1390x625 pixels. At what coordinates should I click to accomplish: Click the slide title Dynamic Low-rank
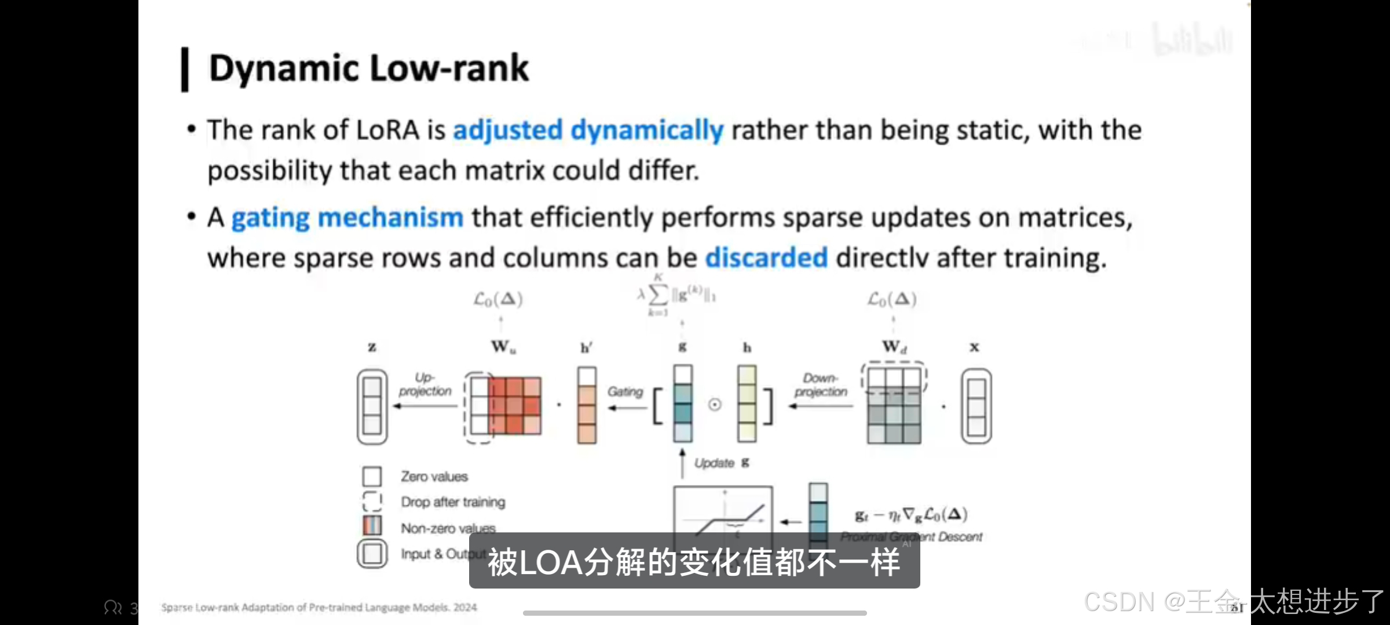pyautogui.click(x=368, y=68)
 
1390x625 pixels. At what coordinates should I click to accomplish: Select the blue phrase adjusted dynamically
pyautogui.click(x=588, y=130)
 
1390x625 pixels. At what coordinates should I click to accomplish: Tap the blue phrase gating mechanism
pyautogui.click(x=348, y=218)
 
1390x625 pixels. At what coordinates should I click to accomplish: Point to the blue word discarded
pyautogui.click(x=766, y=258)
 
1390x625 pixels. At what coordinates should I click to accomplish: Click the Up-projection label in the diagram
pyautogui.click(x=425, y=384)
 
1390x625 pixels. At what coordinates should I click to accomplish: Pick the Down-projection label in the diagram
pyautogui.click(x=821, y=385)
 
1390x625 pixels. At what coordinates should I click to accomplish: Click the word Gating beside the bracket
pyautogui.click(x=625, y=392)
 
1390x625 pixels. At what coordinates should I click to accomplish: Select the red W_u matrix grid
pyautogui.click(x=513, y=406)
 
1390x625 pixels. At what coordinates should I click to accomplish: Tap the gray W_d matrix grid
pyautogui.click(x=894, y=406)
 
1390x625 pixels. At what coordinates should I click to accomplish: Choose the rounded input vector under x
pyautogui.click(x=976, y=406)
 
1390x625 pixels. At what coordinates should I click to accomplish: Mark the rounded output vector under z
pyautogui.click(x=372, y=406)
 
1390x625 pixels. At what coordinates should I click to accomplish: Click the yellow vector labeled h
pyautogui.click(x=747, y=403)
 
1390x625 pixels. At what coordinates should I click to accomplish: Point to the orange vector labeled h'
pyautogui.click(x=587, y=405)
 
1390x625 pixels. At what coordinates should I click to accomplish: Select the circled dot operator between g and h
pyautogui.click(x=715, y=405)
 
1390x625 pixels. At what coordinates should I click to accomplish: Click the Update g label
pyautogui.click(x=721, y=463)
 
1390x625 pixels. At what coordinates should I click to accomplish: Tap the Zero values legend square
pyautogui.click(x=372, y=477)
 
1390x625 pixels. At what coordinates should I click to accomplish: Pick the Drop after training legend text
pyautogui.click(x=453, y=502)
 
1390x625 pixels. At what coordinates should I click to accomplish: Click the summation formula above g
pyautogui.click(x=676, y=296)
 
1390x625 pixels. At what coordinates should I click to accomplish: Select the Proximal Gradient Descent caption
pyautogui.click(x=911, y=537)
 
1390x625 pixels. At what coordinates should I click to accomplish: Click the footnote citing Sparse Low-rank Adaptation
pyautogui.click(x=319, y=607)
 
